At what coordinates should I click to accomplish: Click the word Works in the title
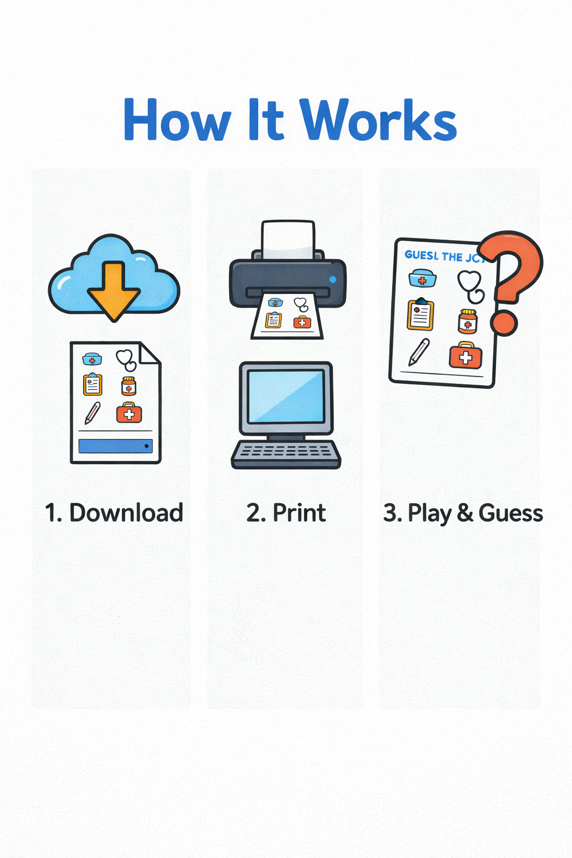pos(378,120)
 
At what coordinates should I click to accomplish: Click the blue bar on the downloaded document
pos(116,446)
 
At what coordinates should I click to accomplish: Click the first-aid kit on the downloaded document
pos(129,413)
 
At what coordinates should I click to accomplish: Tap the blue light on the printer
pos(333,279)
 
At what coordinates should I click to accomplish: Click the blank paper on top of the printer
pos(288,240)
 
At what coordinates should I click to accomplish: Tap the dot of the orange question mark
pos(504,322)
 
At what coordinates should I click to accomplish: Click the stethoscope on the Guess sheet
pos(471,285)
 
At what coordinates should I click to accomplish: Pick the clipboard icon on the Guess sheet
pos(421,315)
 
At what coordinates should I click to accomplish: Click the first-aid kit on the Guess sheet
pos(466,355)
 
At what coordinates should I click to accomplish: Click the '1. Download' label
pos(114,513)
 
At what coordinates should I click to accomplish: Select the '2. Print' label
pos(286,513)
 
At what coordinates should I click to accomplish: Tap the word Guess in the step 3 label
pos(511,513)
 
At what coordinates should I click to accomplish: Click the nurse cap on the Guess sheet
pos(422,278)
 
